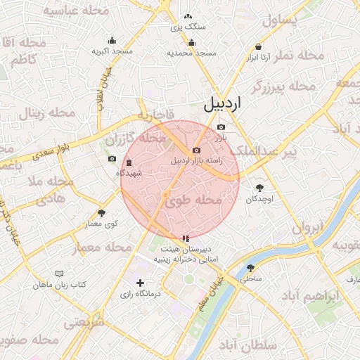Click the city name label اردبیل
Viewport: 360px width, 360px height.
coord(222,103)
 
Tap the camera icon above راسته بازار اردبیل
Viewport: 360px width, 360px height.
coord(196,150)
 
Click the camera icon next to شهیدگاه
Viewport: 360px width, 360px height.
coord(112,159)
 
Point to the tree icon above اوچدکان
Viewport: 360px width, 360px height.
coord(260,188)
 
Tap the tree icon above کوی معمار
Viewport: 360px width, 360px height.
coord(102,212)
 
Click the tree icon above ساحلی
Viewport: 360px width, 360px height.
coord(251,268)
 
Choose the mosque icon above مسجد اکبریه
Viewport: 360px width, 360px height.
coord(112,40)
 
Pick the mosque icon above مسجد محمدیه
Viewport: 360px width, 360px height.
coord(191,41)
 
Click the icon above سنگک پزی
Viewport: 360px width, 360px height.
coord(188,16)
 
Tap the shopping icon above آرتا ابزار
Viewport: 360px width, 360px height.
coord(259,46)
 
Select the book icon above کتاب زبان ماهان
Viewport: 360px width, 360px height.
coord(60,274)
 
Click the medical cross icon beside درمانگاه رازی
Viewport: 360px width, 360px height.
coord(141,283)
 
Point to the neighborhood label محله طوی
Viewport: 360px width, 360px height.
coord(193,201)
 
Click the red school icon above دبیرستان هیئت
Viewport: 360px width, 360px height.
coord(185,239)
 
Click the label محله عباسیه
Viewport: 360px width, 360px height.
coord(76,11)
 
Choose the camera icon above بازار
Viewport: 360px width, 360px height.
coord(221,127)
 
